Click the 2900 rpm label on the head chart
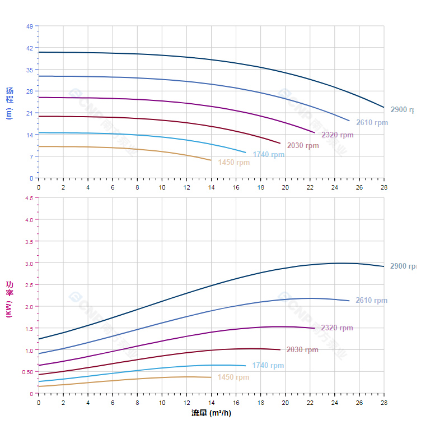point(403,110)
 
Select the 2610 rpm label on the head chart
point(372,123)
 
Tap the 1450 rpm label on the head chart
point(233,163)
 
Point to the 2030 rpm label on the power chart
point(302,350)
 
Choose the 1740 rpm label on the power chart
point(268,366)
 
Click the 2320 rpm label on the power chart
point(337,328)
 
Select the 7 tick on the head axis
point(31,156)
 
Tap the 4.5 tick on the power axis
point(29,198)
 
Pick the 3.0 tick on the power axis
point(29,263)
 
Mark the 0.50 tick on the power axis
point(27,372)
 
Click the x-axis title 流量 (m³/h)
point(211,413)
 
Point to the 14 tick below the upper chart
point(211,187)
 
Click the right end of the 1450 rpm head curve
point(211,160)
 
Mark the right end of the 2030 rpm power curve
point(280,349)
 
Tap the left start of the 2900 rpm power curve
point(39,339)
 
